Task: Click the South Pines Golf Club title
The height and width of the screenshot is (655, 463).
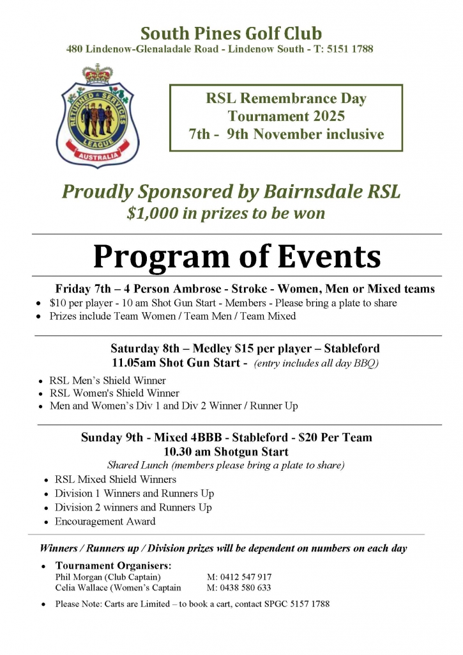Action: coord(231,33)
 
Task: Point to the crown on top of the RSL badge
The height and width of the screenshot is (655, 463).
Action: coord(96,74)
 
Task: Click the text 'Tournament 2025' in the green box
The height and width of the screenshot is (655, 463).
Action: coord(286,116)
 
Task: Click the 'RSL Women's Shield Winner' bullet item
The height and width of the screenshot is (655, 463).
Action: coord(114,393)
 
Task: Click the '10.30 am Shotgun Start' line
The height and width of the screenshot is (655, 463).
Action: coord(226,452)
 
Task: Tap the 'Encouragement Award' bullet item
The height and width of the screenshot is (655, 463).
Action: coord(105,521)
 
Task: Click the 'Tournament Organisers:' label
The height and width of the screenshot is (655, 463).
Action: coord(114,565)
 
